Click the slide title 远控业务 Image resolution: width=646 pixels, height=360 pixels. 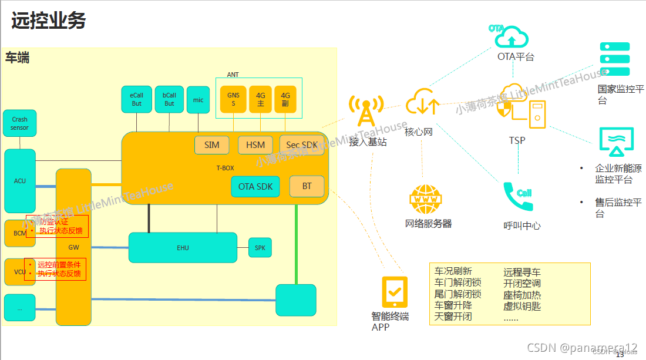49,21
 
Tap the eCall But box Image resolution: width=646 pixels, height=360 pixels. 136,99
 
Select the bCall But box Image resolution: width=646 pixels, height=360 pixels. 169,99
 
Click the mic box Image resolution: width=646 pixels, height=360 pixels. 198,99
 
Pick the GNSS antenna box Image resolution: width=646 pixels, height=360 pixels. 233,99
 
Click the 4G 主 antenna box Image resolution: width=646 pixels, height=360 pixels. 260,99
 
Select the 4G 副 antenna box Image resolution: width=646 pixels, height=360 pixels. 285,99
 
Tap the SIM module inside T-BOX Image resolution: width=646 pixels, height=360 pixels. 212,145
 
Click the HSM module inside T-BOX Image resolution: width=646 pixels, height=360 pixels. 255,145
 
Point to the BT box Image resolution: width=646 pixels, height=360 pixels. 307,186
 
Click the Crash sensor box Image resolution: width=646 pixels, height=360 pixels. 19,123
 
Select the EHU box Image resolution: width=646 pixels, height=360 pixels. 183,248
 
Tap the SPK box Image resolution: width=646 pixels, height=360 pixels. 260,248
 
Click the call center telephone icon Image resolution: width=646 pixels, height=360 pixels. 519,197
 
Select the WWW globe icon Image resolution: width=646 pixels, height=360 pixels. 426,200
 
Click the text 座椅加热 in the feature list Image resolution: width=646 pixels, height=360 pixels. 521,295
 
